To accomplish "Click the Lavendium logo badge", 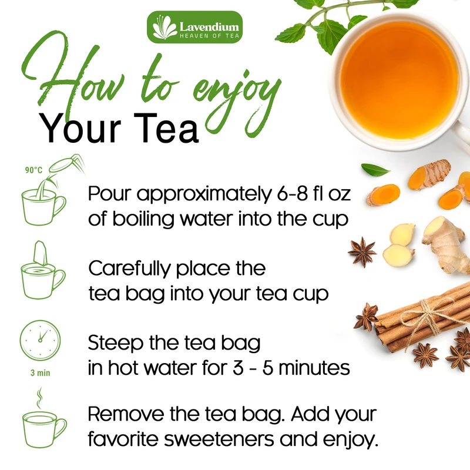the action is [195, 27].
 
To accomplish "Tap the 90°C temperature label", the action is [34, 170].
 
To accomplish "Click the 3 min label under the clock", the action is [40, 373].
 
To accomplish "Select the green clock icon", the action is [40, 340].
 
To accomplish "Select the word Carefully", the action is [129, 268].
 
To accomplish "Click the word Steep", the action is [115, 344].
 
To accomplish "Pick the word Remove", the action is [126, 414].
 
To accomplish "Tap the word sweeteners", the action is [219, 439].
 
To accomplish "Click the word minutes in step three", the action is [314, 368].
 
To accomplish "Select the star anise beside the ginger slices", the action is [362, 252].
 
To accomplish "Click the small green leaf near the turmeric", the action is [375, 170].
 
